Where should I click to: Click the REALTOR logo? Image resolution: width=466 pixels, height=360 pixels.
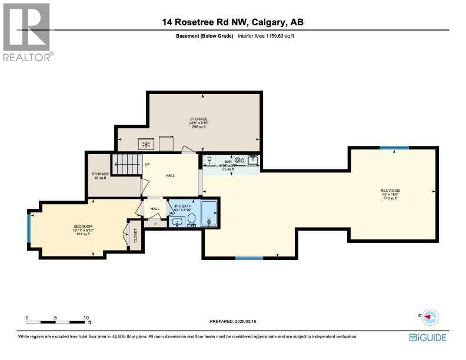click(27, 32)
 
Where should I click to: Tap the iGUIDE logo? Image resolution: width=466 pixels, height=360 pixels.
click(427, 337)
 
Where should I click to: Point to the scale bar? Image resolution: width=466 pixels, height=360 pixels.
click(56, 322)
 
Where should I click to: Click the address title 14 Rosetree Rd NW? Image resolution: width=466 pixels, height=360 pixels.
click(233, 23)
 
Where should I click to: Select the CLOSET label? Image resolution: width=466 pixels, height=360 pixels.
click(135, 235)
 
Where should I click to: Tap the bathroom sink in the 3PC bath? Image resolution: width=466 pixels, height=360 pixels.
click(177, 222)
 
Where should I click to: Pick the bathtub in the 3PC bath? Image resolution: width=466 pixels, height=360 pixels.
click(209, 214)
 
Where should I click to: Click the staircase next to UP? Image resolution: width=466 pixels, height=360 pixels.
click(127, 164)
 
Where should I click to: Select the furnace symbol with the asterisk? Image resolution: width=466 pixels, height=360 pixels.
click(147, 144)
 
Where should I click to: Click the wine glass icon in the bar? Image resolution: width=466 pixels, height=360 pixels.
click(209, 159)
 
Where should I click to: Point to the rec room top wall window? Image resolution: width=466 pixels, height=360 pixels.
click(394, 148)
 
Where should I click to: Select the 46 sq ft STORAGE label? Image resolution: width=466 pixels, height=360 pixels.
click(99, 175)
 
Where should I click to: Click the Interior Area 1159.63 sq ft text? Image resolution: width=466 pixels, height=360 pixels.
click(264, 36)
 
